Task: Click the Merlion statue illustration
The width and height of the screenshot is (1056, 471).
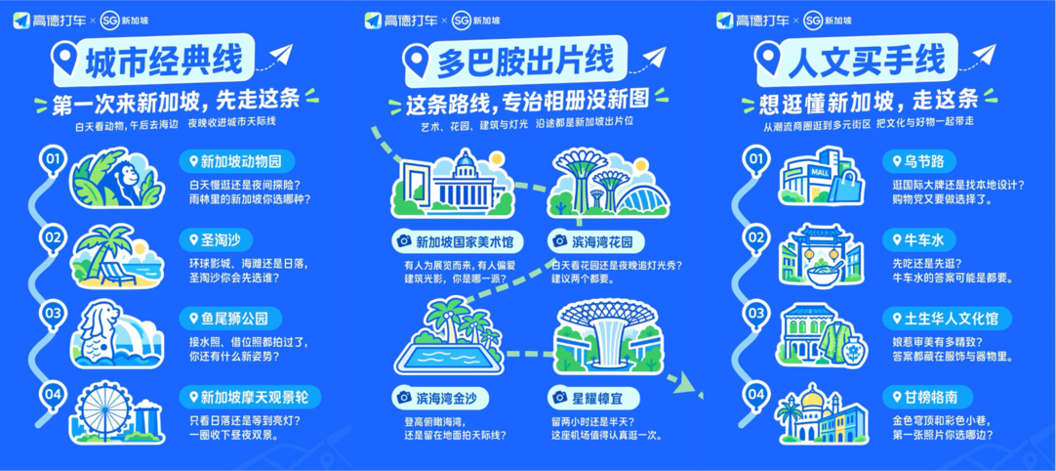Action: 98,330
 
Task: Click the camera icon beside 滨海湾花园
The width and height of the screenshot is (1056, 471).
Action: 559,241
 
